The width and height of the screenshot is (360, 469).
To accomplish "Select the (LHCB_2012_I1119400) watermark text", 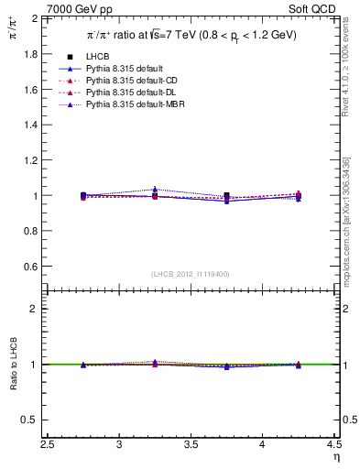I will pos(191,273).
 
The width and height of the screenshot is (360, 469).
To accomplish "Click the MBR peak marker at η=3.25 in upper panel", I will pos(155,190).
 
